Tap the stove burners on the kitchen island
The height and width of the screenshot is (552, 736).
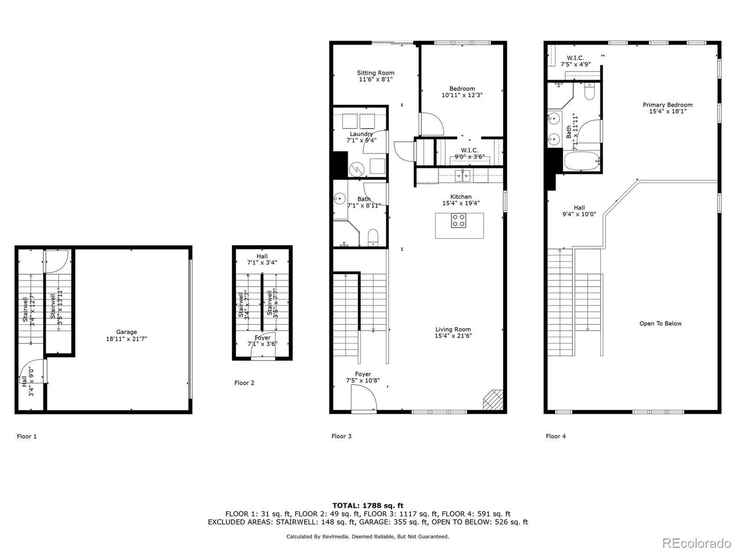(x=459, y=221)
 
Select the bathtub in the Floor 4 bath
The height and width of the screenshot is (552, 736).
(x=581, y=161)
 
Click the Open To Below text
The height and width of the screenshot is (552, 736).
(x=660, y=323)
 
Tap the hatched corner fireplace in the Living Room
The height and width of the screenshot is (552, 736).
(x=493, y=400)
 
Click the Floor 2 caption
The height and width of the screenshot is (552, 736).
(x=244, y=383)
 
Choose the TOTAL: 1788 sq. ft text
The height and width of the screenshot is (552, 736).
(x=368, y=506)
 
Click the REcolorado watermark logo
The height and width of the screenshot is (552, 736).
(x=696, y=543)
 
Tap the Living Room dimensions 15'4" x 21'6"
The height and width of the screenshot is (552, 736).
(x=453, y=336)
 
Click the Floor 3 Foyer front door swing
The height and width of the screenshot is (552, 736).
(x=364, y=398)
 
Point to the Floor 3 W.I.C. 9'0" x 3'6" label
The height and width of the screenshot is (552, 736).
(x=469, y=154)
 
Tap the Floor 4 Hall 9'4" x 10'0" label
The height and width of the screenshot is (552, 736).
(x=579, y=211)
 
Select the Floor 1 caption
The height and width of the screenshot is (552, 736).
(x=27, y=436)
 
